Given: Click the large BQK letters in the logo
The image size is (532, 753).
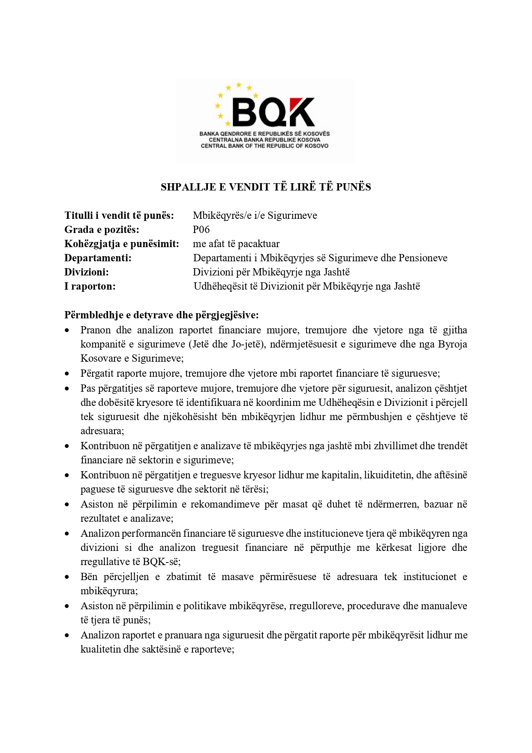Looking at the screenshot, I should [x=273, y=113].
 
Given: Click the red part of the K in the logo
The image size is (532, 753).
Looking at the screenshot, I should [x=305, y=105].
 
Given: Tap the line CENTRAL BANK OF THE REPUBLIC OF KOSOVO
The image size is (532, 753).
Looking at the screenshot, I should [x=264, y=146].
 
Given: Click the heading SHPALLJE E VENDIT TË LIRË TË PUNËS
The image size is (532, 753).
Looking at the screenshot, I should [x=266, y=187].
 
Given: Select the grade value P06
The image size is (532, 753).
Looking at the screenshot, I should [x=201, y=230].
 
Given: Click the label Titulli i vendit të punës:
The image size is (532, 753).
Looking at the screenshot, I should [x=119, y=215].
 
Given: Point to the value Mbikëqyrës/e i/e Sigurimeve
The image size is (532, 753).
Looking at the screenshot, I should [x=255, y=215].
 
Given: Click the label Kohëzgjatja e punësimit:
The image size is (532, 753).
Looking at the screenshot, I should [x=122, y=244].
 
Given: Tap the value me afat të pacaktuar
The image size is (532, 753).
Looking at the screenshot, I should [x=236, y=244].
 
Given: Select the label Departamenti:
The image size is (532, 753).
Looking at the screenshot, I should [x=98, y=258].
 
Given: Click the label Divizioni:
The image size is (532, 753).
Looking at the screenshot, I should [x=87, y=272].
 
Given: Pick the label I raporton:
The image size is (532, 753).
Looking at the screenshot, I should [x=90, y=286].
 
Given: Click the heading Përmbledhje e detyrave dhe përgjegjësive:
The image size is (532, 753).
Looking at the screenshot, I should [x=162, y=315].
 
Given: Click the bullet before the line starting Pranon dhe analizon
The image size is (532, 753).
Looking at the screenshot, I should [x=67, y=330].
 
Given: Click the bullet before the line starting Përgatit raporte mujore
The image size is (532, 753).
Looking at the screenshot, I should [x=67, y=374].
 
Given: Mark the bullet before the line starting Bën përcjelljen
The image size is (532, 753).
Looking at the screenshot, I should [x=67, y=577].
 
